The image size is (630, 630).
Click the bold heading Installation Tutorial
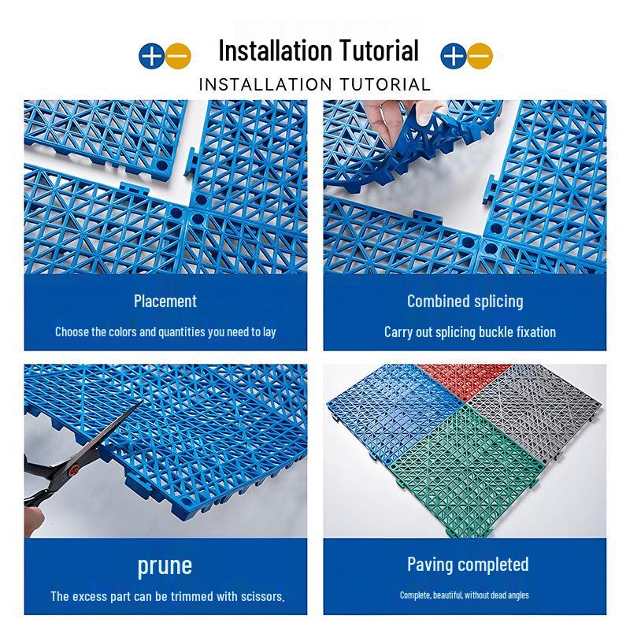point(318,51)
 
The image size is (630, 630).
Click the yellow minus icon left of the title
point(179,55)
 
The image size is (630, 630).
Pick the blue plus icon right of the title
point(453,55)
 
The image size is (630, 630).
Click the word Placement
point(165,301)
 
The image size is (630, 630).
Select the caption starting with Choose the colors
point(165,332)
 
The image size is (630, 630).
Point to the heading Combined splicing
point(465,301)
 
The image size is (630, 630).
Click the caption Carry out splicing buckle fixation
point(469,332)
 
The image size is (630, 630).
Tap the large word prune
point(165,565)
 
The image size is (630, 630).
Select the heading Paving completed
point(468,564)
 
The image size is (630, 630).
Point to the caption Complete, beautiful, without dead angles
point(464,595)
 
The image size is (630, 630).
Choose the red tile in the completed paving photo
point(445,376)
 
